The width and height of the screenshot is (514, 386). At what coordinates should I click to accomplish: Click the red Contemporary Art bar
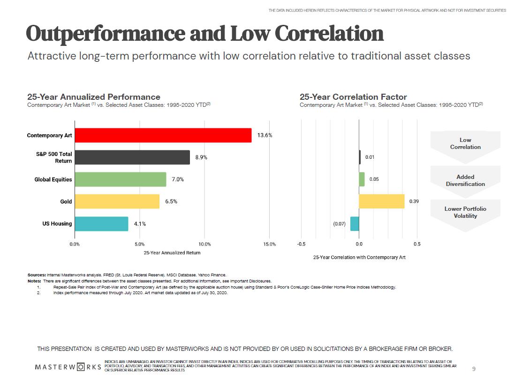click(x=163, y=135)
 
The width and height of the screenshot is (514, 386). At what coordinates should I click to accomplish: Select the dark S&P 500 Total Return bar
click(x=132, y=157)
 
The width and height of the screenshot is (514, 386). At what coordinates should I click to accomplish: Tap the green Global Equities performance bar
click(x=120, y=179)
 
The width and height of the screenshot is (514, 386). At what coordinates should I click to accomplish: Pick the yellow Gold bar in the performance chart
click(x=117, y=201)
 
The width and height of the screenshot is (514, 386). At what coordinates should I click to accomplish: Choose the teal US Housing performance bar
click(x=101, y=223)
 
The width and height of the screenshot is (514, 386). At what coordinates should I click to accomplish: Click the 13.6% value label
click(x=265, y=135)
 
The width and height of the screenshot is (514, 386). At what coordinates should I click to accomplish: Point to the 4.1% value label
click(x=140, y=224)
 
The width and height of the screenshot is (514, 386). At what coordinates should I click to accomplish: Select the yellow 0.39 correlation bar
click(x=381, y=201)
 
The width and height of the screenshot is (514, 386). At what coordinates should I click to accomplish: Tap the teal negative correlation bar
click(x=355, y=223)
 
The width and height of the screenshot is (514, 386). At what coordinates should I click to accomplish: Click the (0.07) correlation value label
click(x=339, y=224)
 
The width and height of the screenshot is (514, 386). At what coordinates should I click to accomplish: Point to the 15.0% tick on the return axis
click(x=269, y=244)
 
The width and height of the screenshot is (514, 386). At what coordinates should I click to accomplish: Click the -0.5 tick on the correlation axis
click(x=302, y=244)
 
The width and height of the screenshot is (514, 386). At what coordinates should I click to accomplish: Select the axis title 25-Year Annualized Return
click(x=172, y=253)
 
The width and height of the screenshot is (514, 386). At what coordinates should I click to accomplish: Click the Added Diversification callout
click(x=465, y=180)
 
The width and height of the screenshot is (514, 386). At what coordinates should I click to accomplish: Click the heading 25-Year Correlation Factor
click(x=353, y=97)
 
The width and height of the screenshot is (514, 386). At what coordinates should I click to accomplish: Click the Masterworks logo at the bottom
click(x=68, y=366)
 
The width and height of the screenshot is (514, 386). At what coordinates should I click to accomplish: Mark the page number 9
click(x=474, y=369)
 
